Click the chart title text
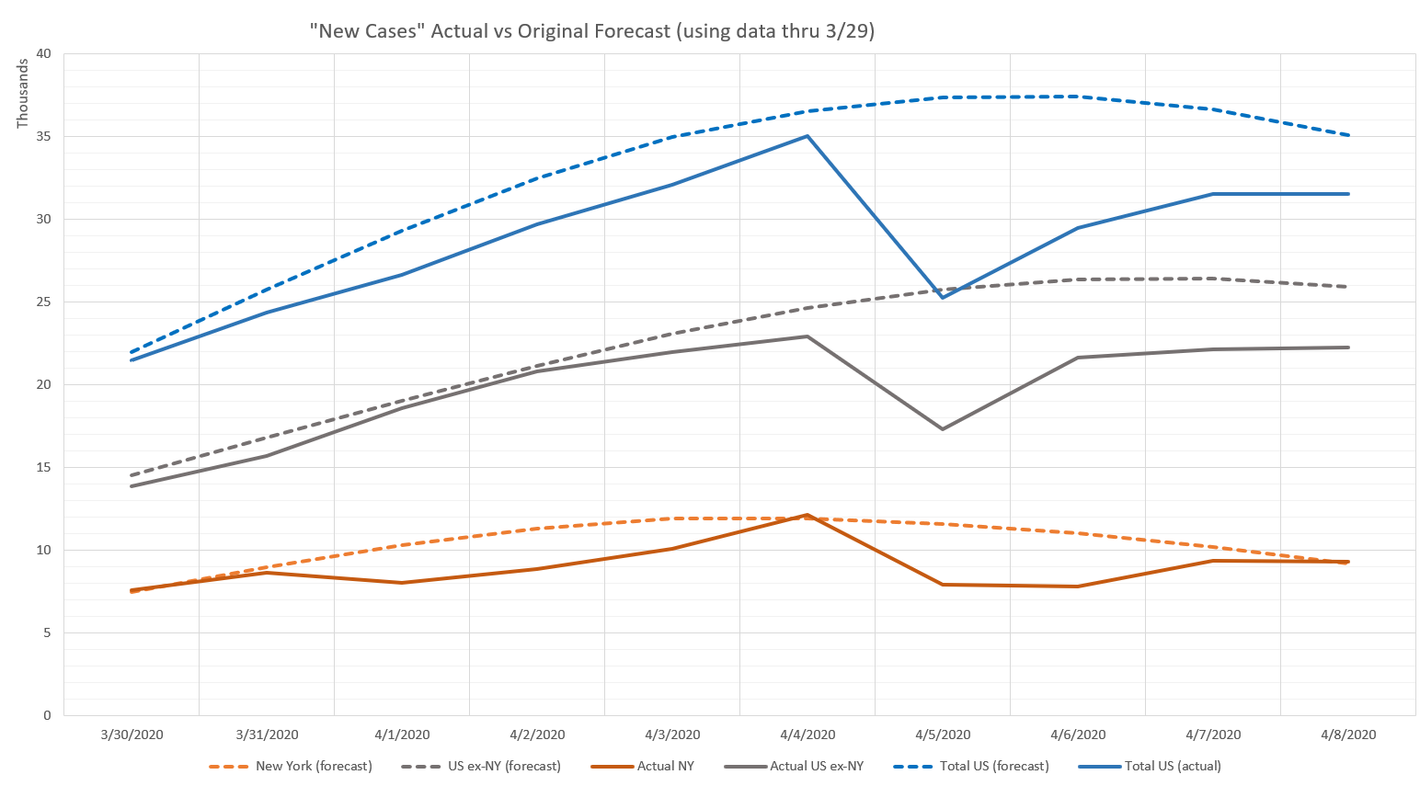pyautogui.click(x=592, y=31)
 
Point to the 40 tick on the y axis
pyautogui.click(x=44, y=53)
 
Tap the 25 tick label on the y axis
pyautogui.click(x=44, y=302)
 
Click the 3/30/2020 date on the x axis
pyautogui.click(x=132, y=735)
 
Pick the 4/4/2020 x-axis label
pyautogui.click(x=807, y=735)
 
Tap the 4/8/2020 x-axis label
pyautogui.click(x=1348, y=735)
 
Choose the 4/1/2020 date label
pyautogui.click(x=402, y=735)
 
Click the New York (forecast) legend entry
pyautogui.click(x=314, y=766)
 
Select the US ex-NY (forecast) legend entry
pyautogui.click(x=504, y=766)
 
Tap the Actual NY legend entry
pyautogui.click(x=665, y=766)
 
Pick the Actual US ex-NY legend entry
pyautogui.click(x=817, y=766)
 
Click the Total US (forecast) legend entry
pyautogui.click(x=994, y=766)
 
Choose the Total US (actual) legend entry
pyautogui.click(x=1173, y=766)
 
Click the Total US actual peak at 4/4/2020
pyautogui.click(x=807, y=136)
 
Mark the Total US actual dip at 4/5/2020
pyautogui.click(x=943, y=297)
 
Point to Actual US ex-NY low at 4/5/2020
pyautogui.click(x=943, y=429)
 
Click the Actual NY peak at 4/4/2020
pyautogui.click(x=807, y=515)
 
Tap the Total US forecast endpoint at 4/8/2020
pyautogui.click(x=1348, y=135)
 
